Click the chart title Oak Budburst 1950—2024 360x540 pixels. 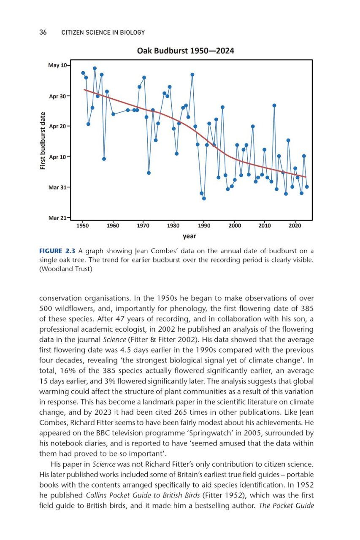coord(186,51)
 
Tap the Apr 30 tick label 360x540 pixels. coord(58,96)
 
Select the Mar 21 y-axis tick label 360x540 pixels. coord(58,218)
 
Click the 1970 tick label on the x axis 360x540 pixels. coord(143,226)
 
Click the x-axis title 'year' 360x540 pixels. coord(189,236)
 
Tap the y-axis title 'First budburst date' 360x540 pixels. coord(42,140)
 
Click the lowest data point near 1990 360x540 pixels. coord(204,198)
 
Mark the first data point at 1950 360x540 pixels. coord(83,73)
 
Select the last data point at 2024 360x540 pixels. coord(307,187)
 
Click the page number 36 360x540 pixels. coord(43,32)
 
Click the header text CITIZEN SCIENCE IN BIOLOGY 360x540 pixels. coord(103,32)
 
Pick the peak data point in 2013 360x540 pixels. coord(274,105)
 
